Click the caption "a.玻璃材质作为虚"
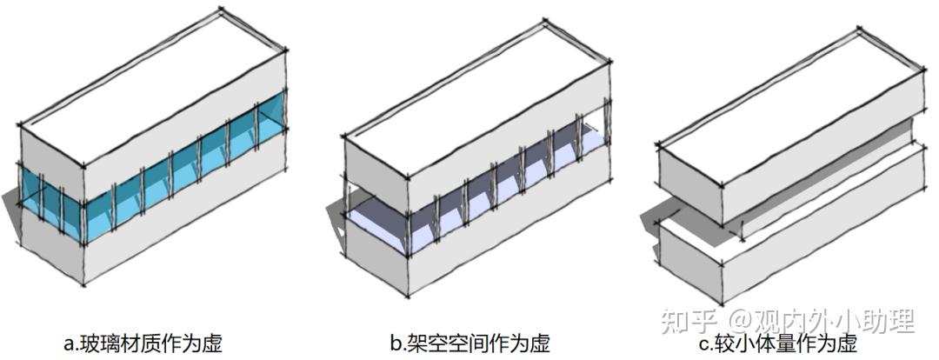point(143,343)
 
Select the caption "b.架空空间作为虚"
point(469,343)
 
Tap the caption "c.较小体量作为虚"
point(777,343)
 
